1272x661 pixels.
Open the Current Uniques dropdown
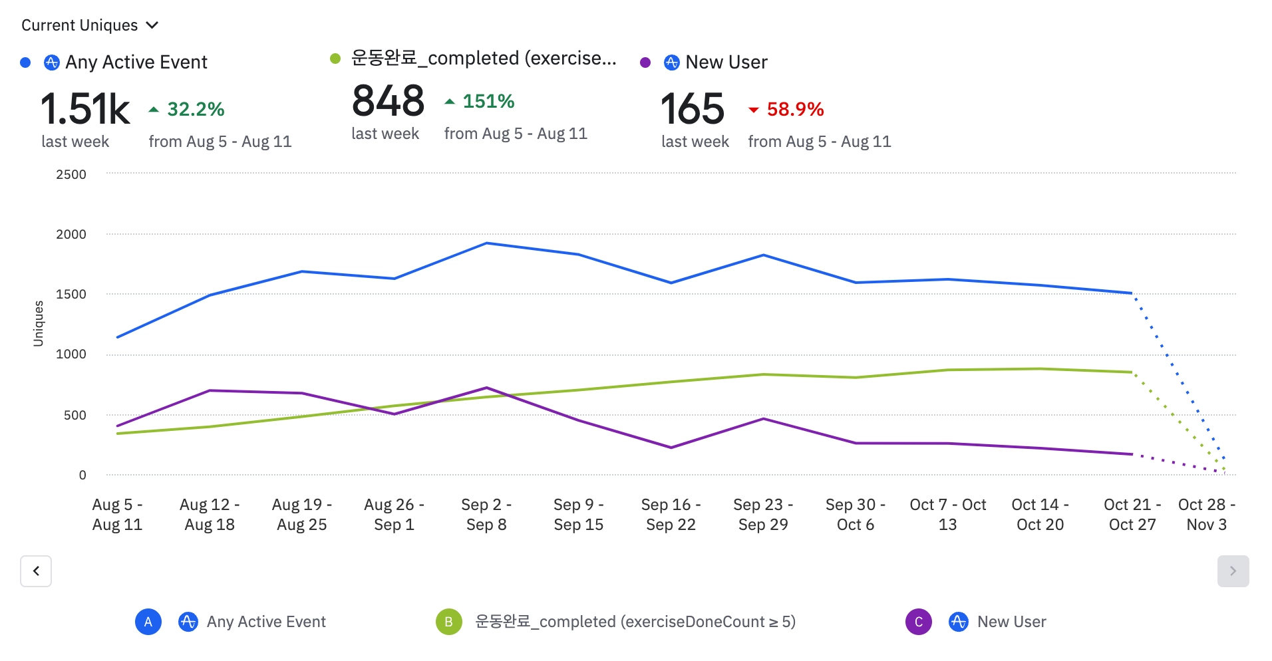[90, 25]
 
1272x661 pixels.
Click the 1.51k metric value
[85, 109]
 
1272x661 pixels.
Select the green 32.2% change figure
[195, 109]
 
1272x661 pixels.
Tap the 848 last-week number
[388, 101]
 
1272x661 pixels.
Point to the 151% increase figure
[488, 101]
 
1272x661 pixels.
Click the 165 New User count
[692, 109]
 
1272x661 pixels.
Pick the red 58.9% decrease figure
[794, 109]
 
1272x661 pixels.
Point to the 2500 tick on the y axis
[71, 174]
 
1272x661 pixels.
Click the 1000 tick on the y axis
[71, 354]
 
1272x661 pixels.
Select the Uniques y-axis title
[39, 324]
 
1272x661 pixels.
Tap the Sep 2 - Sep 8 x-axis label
[486, 515]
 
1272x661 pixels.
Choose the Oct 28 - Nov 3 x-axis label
[1206, 515]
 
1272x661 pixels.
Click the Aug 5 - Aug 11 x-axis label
[117, 515]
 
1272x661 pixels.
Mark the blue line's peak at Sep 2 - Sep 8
[486, 243]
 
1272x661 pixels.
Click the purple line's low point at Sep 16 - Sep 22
[671, 448]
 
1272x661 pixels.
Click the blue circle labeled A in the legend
[148, 622]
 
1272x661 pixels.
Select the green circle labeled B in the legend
[449, 622]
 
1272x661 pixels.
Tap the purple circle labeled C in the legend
[919, 622]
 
